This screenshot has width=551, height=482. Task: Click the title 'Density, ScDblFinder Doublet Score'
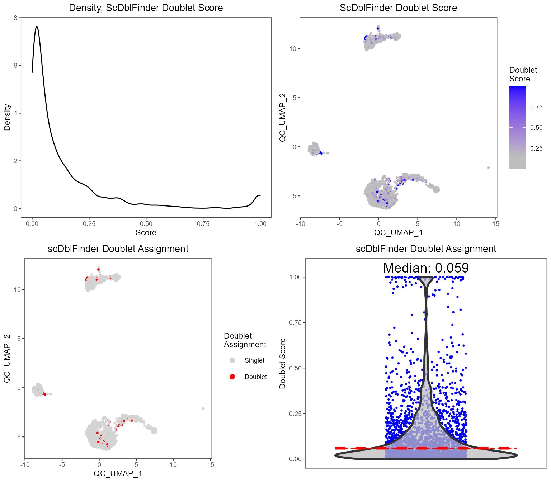[146, 8]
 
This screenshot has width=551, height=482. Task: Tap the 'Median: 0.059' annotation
[426, 268]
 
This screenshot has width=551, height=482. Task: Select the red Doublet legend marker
[232, 377]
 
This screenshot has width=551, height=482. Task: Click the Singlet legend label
[254, 360]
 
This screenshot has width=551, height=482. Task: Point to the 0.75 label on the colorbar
[536, 107]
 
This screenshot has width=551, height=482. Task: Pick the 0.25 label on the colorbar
[536, 148]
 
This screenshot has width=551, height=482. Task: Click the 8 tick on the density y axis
[15, 18]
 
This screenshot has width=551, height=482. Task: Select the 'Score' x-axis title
[146, 233]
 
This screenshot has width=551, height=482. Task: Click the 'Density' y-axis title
[7, 117]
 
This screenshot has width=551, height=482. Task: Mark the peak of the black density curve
[37, 27]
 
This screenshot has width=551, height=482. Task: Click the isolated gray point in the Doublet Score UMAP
[488, 167]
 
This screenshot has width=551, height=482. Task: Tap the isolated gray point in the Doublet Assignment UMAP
[203, 408]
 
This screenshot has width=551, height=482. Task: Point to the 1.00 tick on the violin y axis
[295, 277]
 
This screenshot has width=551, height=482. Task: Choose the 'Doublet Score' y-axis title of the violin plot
[283, 363]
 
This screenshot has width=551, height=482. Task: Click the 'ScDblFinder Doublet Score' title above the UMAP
[398, 8]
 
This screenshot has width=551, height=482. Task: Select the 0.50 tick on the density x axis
[146, 224]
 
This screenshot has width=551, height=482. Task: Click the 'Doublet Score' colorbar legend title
[523, 75]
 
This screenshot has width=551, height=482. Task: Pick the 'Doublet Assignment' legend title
[245, 340]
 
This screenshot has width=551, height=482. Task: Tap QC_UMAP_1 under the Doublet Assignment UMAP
[118, 474]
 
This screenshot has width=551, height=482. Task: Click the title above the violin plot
[426, 249]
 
